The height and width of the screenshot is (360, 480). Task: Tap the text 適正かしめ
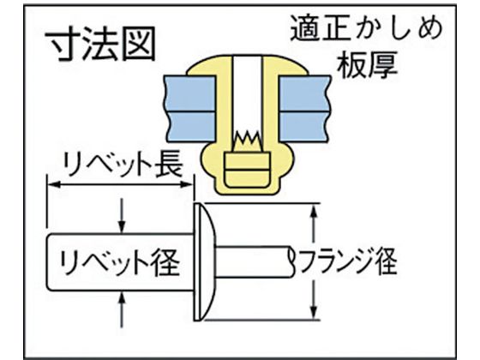(x=367, y=28)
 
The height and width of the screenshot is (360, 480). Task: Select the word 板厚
(x=368, y=65)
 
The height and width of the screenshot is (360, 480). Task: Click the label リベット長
(x=123, y=165)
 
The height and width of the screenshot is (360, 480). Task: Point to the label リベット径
(x=119, y=262)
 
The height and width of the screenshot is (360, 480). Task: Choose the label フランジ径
(x=348, y=262)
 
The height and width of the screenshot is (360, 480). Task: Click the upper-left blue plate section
(x=189, y=93)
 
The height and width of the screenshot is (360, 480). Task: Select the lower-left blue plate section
(x=191, y=126)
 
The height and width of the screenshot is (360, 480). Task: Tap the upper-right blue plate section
(x=305, y=93)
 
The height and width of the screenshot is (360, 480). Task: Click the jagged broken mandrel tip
(x=248, y=141)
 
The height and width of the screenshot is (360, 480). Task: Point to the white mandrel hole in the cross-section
(x=248, y=95)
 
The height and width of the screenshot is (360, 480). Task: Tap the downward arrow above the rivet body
(x=122, y=215)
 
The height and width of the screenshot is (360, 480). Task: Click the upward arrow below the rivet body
(x=122, y=309)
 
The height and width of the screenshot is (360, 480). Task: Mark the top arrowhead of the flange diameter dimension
(x=313, y=212)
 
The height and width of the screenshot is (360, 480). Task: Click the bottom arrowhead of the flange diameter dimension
(x=313, y=312)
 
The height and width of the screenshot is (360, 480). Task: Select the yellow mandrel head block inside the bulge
(x=248, y=170)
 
